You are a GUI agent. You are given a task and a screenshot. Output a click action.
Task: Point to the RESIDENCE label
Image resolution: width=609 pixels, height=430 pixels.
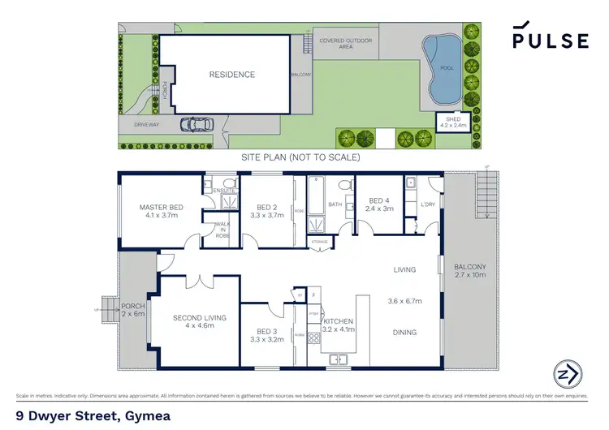click(x=232, y=75)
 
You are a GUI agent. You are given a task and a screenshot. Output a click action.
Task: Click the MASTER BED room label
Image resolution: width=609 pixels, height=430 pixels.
click(x=161, y=212)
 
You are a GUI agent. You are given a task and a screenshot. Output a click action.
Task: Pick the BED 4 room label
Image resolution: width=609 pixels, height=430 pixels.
click(x=380, y=204)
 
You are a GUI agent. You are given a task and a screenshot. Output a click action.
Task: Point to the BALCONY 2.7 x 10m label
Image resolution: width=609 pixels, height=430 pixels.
click(x=469, y=271)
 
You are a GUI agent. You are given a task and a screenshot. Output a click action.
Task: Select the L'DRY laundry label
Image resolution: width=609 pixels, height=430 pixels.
click(x=427, y=205)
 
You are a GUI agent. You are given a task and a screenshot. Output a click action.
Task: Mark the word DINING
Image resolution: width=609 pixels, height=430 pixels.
click(x=404, y=332)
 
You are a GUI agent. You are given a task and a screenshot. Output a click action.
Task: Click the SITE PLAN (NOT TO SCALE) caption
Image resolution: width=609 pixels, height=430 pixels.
click(x=300, y=157)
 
